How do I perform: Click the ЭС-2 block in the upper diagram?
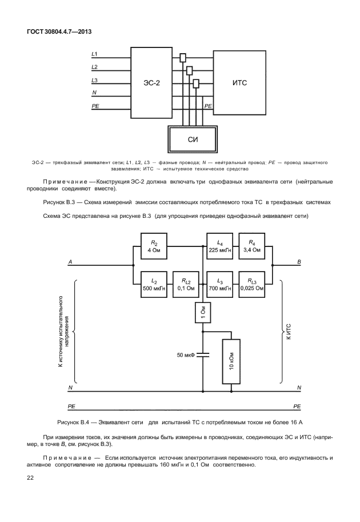tap(151, 83)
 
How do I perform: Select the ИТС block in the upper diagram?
tap(239, 83)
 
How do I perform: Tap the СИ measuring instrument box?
tap(193, 139)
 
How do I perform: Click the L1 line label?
tap(95, 54)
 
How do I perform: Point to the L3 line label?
tap(95, 80)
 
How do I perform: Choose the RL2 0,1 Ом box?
tap(187, 285)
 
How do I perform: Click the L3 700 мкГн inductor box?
tap(219, 285)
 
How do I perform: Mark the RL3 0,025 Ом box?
tap(252, 285)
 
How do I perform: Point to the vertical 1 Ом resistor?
tap(203, 312)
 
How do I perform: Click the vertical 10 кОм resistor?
tap(231, 362)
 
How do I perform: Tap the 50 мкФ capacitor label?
tap(186, 355)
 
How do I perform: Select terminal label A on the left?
tap(70, 262)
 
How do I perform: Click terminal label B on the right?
tap(299, 262)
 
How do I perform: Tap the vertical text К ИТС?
tap(288, 332)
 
